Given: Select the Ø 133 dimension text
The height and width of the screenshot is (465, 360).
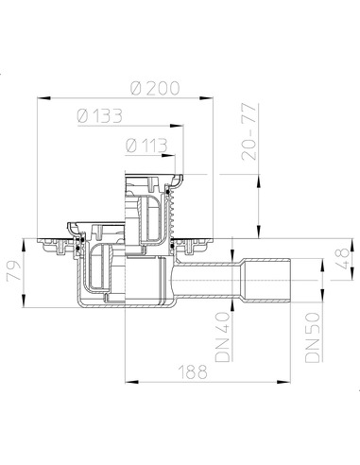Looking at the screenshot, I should [98, 115].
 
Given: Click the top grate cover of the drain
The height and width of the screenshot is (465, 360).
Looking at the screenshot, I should [151, 177].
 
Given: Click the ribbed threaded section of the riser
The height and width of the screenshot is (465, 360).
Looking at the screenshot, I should [171, 214].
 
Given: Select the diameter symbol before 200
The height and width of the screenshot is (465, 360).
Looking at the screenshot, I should [137, 86].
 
